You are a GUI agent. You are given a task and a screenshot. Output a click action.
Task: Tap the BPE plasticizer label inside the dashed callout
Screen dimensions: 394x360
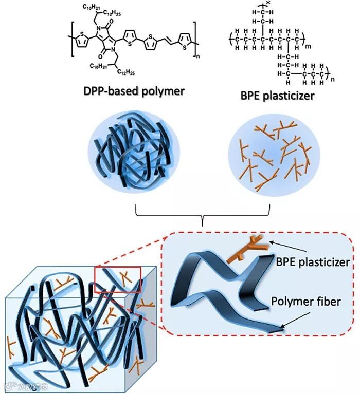pos(313,262)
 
